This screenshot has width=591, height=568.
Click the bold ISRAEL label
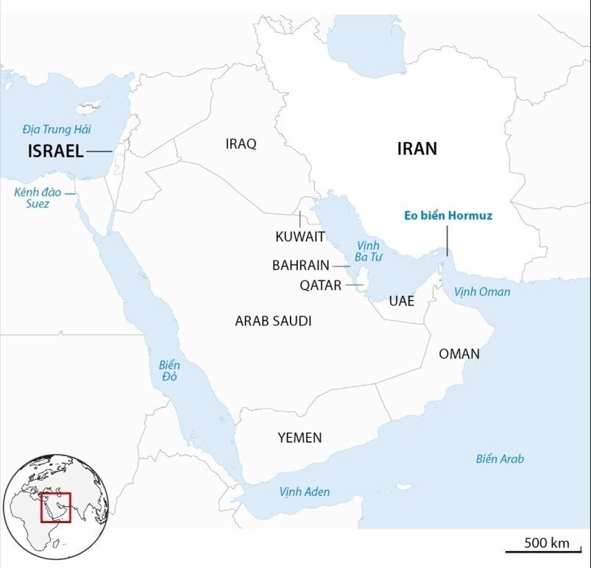[x=55, y=152]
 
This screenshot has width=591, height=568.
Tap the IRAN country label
[x=417, y=149]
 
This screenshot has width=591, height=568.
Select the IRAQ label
[x=241, y=144]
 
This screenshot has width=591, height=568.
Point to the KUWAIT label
[x=300, y=236]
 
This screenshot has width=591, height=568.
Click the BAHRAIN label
[x=300, y=265]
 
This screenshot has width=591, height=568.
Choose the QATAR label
[x=320, y=285]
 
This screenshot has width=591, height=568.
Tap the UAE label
[x=402, y=301]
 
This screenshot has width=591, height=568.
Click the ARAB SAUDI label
[x=273, y=321]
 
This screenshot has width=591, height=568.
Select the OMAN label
[x=459, y=354]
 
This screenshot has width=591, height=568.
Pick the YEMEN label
[x=300, y=438]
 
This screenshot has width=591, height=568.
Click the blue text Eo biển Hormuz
[x=447, y=216]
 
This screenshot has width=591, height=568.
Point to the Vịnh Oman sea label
[x=482, y=292]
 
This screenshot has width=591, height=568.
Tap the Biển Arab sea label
[x=500, y=459]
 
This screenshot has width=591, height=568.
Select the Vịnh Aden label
[x=305, y=491]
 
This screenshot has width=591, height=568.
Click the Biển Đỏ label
[x=169, y=371]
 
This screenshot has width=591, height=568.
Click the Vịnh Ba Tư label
[x=366, y=251]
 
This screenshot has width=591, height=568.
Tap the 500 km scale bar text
[x=547, y=543]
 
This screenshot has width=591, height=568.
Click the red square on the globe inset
[x=55, y=507]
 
